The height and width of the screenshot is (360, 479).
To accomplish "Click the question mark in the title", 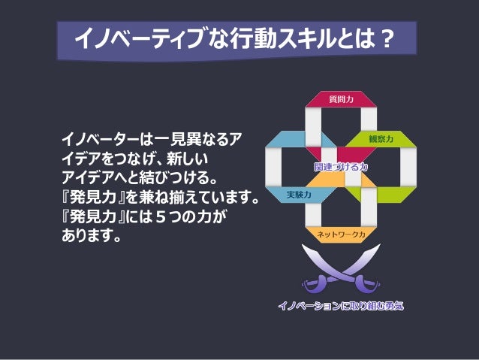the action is [387, 39].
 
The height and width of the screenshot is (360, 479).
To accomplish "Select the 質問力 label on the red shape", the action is [341, 99].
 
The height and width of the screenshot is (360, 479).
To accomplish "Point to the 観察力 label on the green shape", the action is [381, 139].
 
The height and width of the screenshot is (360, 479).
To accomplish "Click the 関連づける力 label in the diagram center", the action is [341, 167].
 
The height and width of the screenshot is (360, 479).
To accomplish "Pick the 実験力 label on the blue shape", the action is [299, 195].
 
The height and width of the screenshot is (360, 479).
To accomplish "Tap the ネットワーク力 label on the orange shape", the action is [341, 234].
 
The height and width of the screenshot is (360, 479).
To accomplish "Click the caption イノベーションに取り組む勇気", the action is [341, 306].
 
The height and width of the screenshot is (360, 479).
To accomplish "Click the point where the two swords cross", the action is [341, 273].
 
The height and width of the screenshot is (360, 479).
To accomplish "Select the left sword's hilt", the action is [314, 283].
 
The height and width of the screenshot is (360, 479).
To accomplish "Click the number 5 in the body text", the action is [161, 216].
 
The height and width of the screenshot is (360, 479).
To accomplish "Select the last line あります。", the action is [92, 235].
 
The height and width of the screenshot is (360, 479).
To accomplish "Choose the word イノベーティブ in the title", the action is [139, 39].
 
